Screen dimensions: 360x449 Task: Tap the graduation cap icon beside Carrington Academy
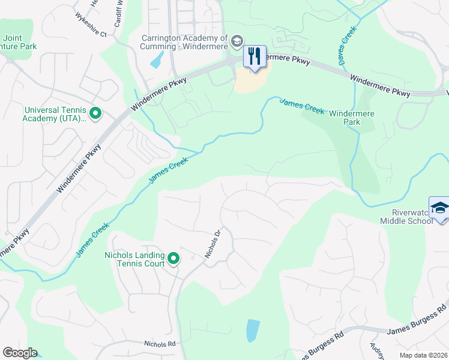pos(237,41)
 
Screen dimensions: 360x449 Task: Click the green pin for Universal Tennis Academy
pos(95,113)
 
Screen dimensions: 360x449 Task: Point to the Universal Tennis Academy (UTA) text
pos(55,113)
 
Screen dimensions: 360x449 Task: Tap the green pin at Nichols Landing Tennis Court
pos(173,259)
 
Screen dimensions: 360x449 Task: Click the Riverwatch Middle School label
pos(406,217)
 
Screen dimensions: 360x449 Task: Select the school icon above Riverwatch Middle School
pos(439,208)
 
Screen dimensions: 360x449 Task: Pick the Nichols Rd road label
pos(159,344)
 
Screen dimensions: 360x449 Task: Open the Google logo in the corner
pos(20,353)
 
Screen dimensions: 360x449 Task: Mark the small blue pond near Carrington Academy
pos(157,59)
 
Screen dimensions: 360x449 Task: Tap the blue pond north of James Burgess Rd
pos(253,330)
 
